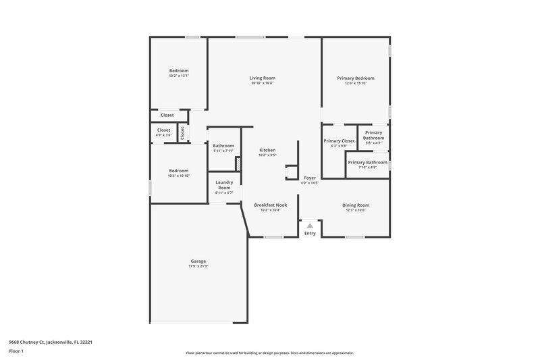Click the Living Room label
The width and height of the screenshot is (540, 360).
263,78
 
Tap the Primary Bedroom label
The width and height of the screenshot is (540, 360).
356,78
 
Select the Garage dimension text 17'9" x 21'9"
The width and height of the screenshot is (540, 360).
198,266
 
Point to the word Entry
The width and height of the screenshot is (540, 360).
310,234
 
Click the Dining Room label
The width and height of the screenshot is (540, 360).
356,205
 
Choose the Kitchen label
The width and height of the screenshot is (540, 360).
268,150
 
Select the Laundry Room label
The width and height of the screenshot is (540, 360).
224,184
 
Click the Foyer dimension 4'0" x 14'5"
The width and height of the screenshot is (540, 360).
309,182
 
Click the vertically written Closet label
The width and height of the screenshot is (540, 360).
182,132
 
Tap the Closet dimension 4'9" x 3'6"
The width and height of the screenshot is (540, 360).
164,135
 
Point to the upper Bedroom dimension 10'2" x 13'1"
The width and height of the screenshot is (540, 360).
179,76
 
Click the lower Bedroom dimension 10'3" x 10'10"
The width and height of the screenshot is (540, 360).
179,176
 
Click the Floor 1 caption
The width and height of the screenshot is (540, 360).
16,351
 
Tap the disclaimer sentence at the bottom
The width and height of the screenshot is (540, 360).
270,353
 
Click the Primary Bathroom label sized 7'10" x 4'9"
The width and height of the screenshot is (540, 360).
368,162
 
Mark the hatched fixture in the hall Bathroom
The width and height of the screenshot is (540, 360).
238,164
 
